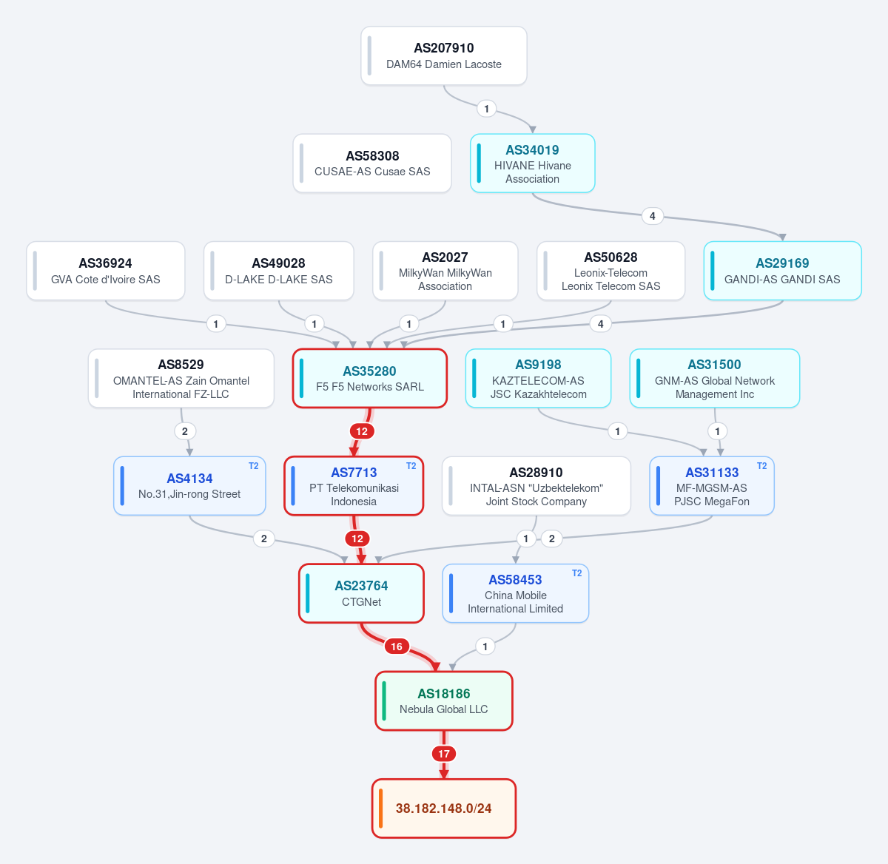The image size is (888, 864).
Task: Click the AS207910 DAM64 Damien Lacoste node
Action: coord(443,55)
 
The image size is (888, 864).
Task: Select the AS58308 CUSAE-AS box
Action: coord(372,163)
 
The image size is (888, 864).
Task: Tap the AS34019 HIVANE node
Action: coord(532,163)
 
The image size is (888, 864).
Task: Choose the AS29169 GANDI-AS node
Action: coord(782,271)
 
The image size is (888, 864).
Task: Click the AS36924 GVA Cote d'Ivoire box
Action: coord(105,271)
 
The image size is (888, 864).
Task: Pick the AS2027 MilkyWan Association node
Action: coord(445,271)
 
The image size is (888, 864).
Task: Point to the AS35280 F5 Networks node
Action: coord(369,379)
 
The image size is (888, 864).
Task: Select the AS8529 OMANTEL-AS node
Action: coord(181,379)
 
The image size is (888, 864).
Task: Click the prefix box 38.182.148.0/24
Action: coord(443,809)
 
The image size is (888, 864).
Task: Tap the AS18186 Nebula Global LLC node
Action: coord(443,701)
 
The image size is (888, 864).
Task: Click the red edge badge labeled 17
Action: coord(444,754)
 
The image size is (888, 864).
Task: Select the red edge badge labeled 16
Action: coord(397,647)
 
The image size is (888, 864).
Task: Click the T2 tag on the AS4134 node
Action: coord(253,466)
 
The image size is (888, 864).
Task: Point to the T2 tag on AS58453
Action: coord(576,573)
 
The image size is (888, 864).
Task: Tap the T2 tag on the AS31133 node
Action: coord(761,466)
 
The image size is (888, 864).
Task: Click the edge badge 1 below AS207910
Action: coord(486,109)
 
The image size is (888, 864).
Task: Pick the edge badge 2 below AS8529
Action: coord(185,431)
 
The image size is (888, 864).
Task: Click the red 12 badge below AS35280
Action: coord(362,431)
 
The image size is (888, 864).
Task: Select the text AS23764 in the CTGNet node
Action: coord(361,586)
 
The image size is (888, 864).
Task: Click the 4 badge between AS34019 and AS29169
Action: coord(652,216)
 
